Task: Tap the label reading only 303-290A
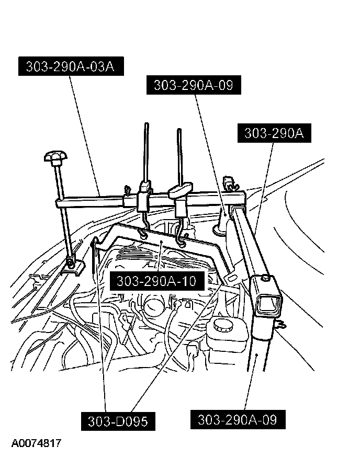tap(274, 133)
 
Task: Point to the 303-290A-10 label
tap(156, 281)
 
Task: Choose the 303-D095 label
tap(118, 421)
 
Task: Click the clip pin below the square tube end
tap(282, 325)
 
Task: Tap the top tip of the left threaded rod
tap(145, 125)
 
